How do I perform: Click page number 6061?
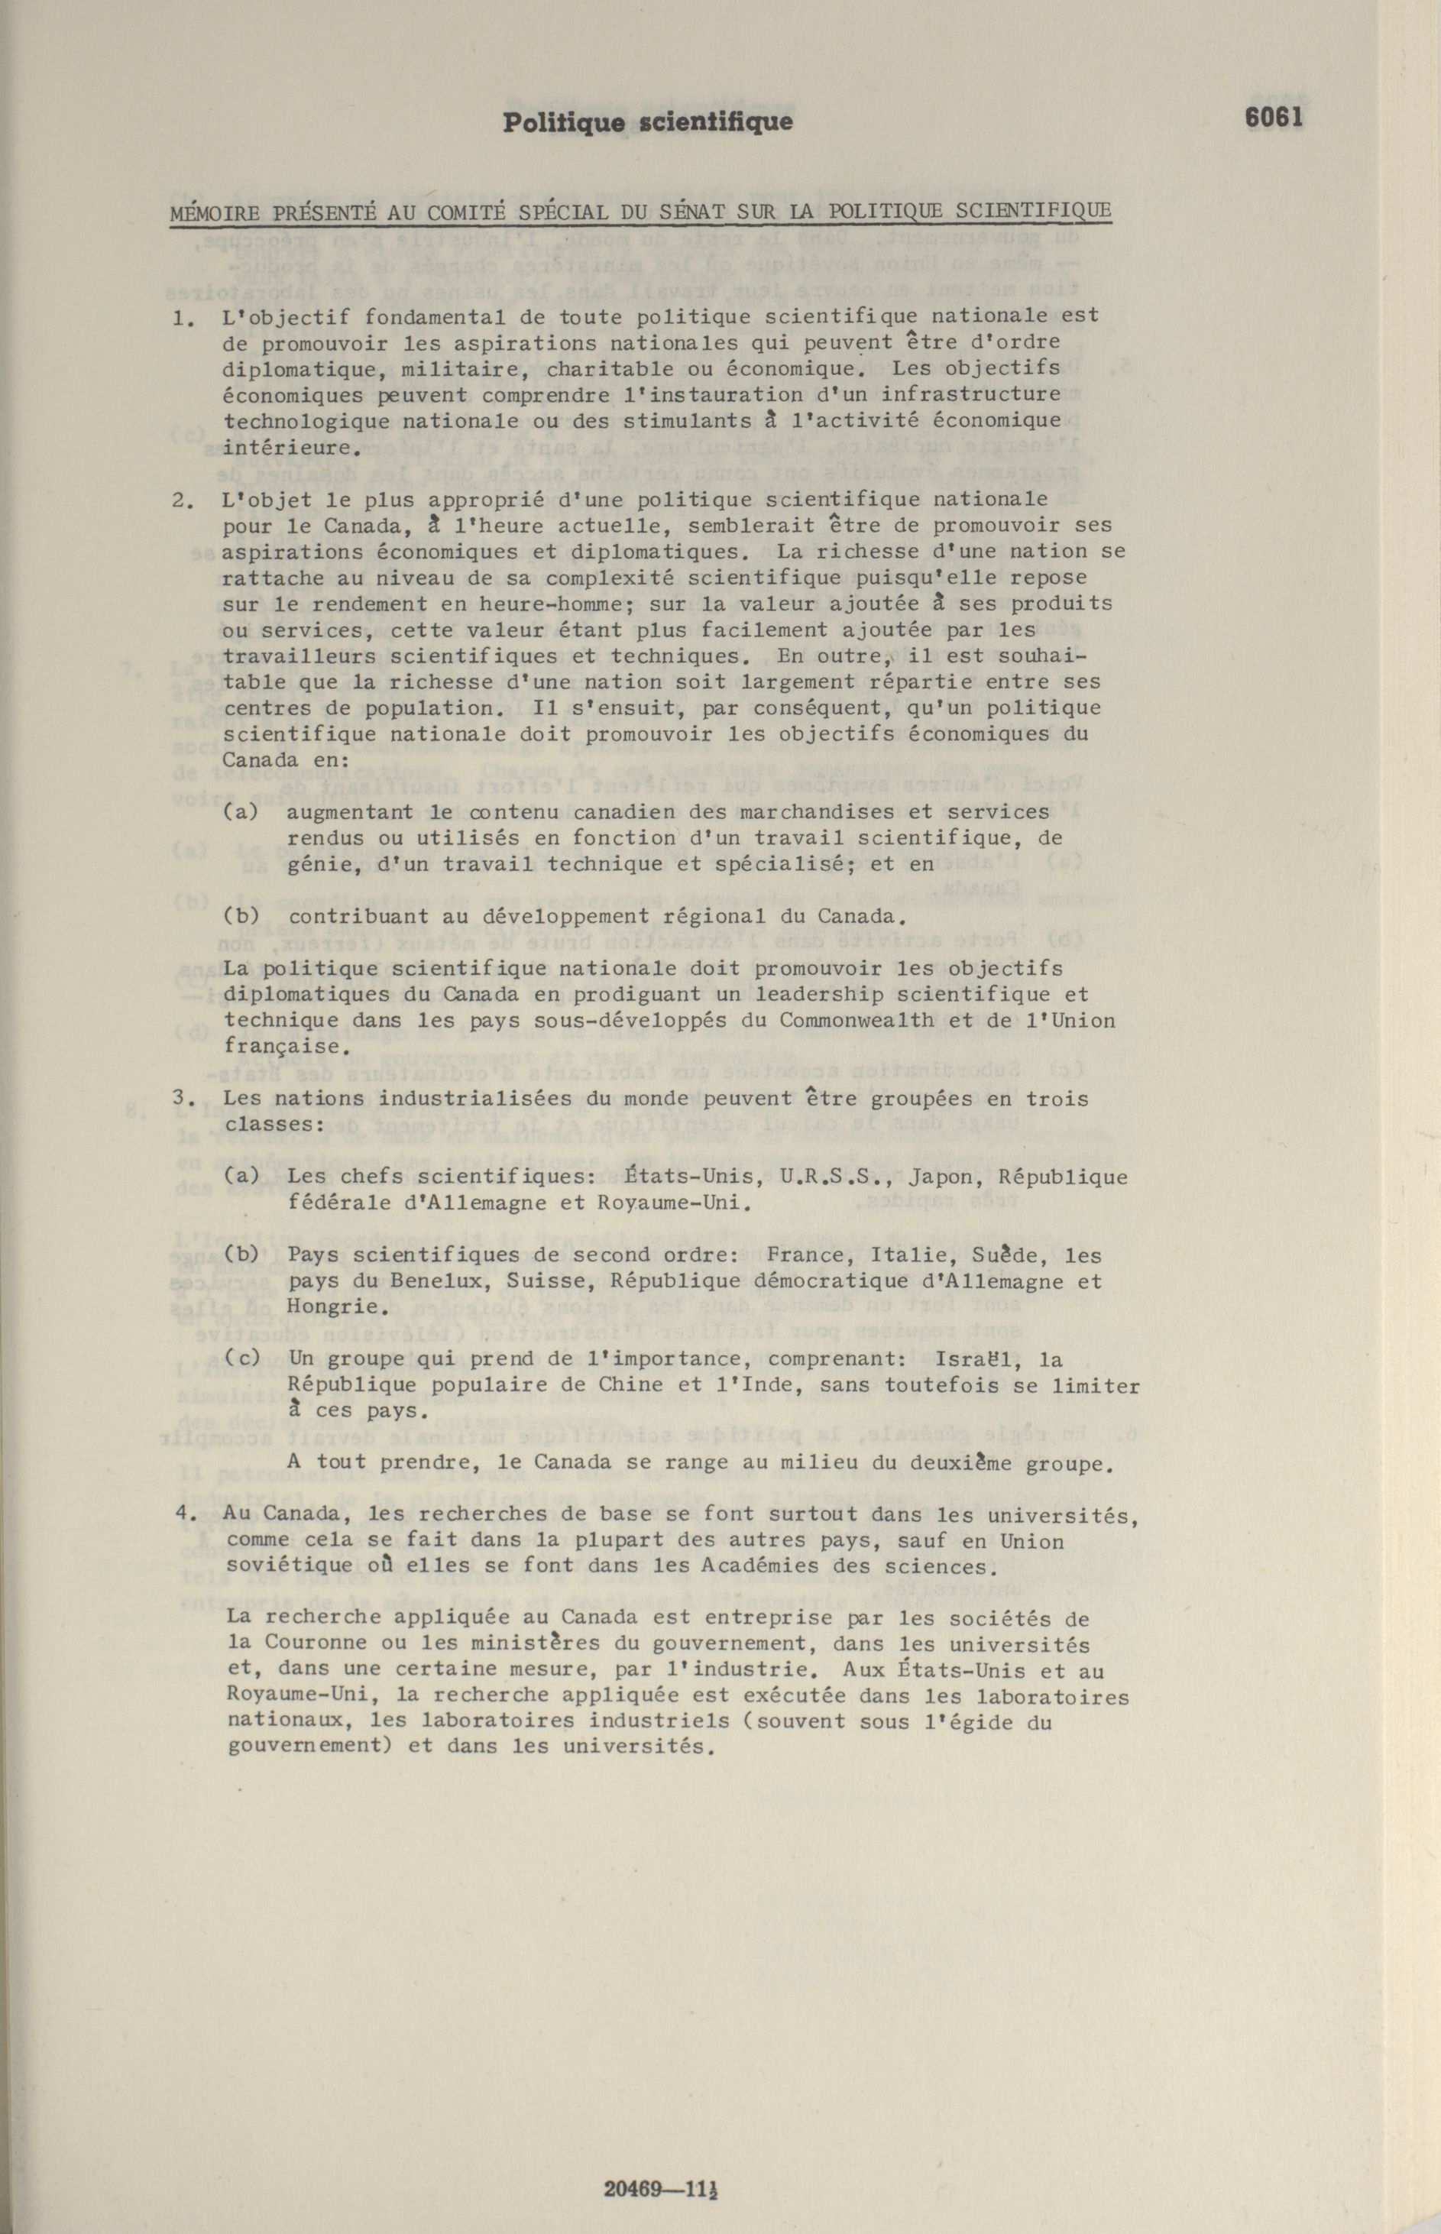pyautogui.click(x=1274, y=118)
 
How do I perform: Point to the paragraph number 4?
pyautogui.click(x=183, y=1514)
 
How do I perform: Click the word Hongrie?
pyautogui.click(x=334, y=1307)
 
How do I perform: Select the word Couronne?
pyautogui.click(x=316, y=1643)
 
